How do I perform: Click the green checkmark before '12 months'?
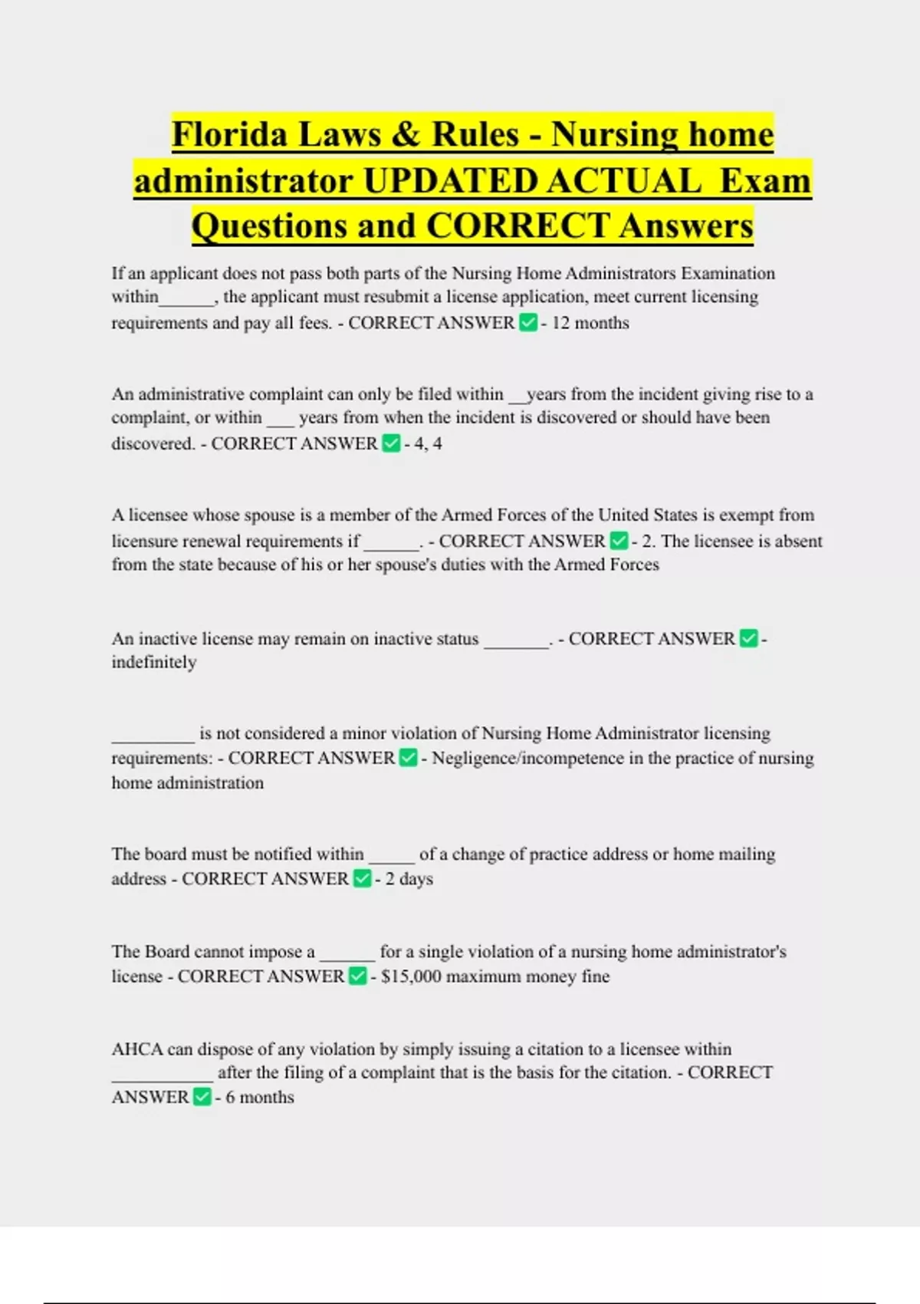pos(527,323)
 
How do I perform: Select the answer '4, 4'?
pos(428,443)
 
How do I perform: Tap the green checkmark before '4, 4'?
pos(391,443)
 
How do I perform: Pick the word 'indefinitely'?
pos(154,662)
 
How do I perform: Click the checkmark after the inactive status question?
pos(748,638)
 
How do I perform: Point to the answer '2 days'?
pos(409,879)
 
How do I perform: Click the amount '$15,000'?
pos(411,976)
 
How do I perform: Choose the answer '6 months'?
pos(259,1098)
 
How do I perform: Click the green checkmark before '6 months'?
pos(202,1098)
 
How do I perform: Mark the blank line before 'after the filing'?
pos(162,1078)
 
